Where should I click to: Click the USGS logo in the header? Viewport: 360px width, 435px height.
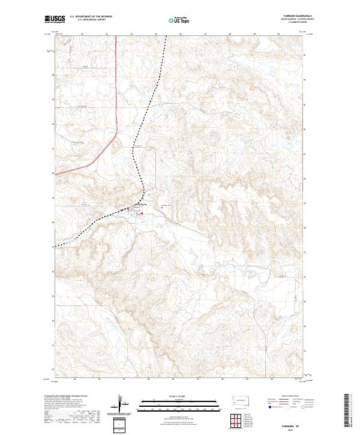pyautogui.click(x=54, y=19)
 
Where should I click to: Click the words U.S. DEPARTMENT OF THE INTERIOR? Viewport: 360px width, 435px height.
pyautogui.click(x=91, y=17)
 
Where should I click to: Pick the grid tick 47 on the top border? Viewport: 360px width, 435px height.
pyautogui.click(x=205, y=35)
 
